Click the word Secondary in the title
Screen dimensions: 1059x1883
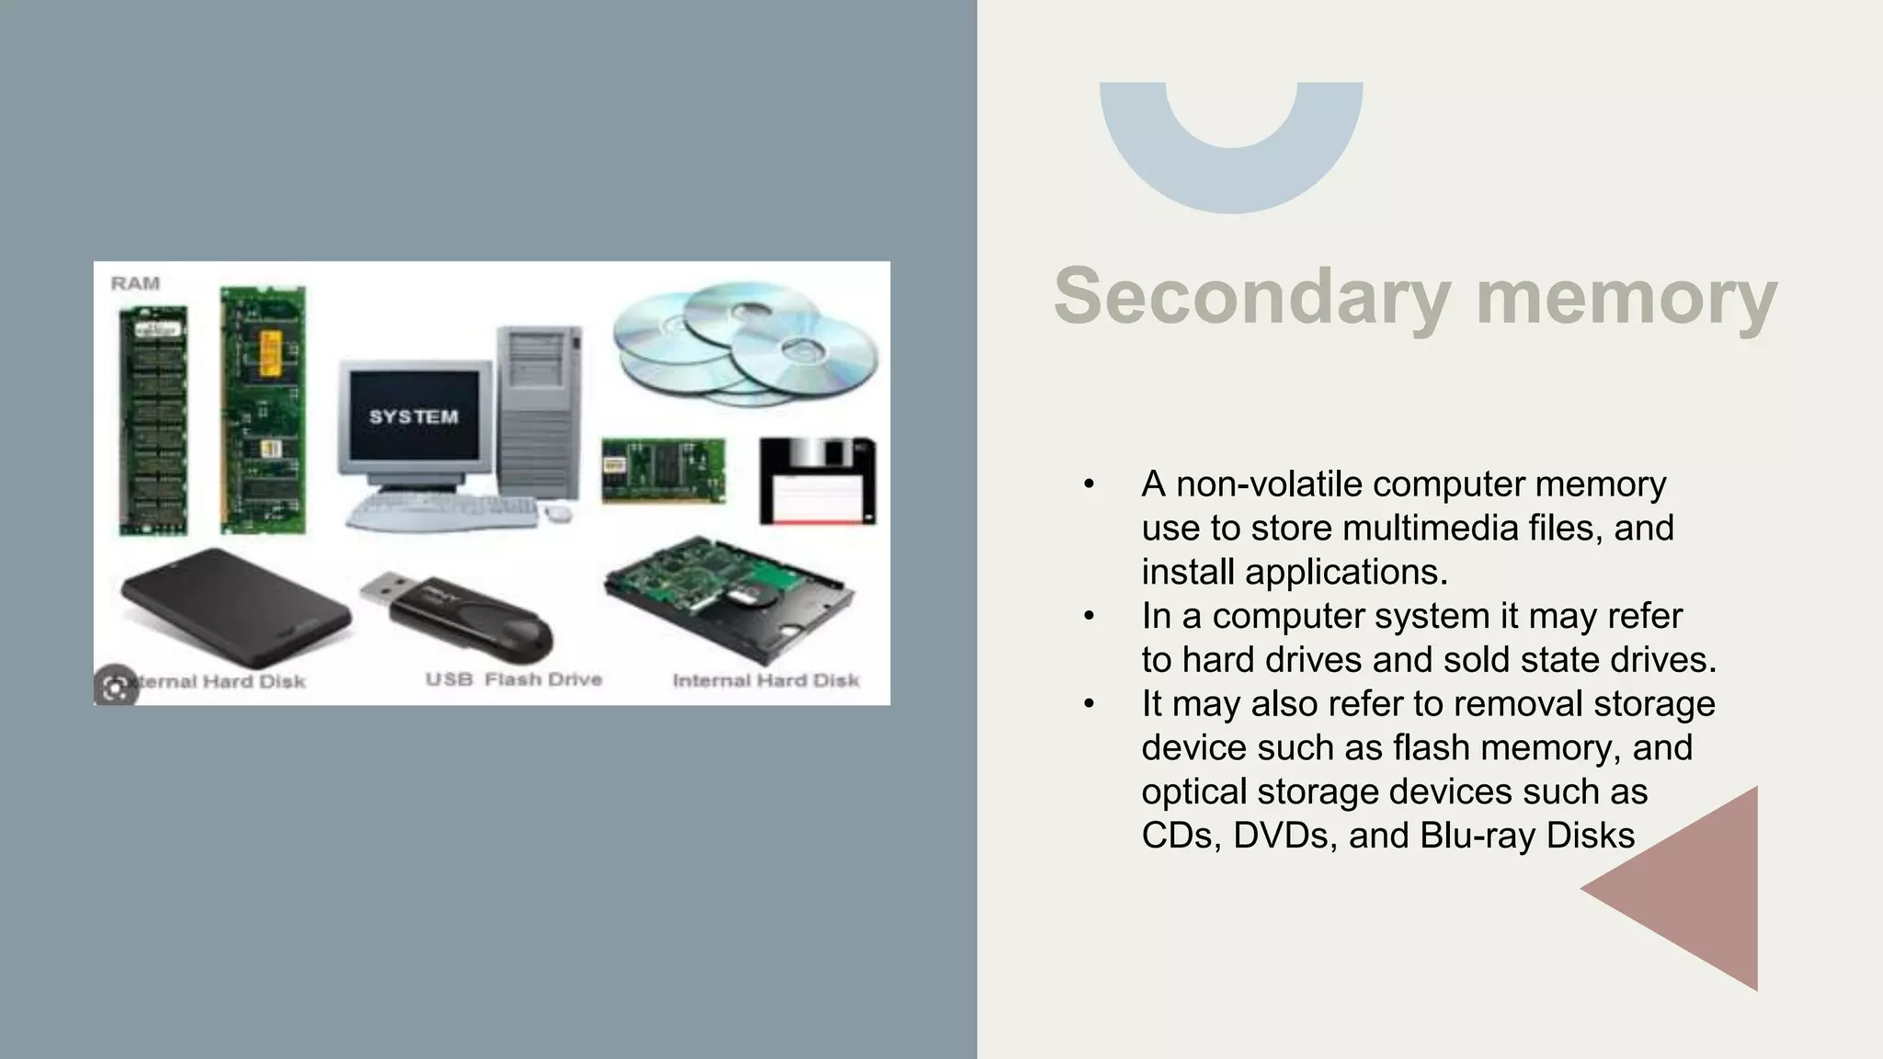[x=1251, y=296]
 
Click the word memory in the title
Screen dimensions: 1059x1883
[x=1626, y=296]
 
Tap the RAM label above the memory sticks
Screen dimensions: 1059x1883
[x=135, y=283]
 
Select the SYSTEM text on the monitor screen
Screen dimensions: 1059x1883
[x=414, y=416]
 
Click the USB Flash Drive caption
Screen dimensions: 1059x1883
[x=513, y=679]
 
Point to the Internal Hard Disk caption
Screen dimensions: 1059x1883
[x=766, y=680]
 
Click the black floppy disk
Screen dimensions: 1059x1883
[x=817, y=481]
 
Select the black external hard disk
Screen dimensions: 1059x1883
[x=234, y=608]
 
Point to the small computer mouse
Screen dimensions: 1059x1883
[x=556, y=513]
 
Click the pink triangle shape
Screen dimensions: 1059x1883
[x=1692, y=888]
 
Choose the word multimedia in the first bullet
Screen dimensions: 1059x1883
[x=1430, y=528]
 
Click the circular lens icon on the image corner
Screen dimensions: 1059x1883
[x=116, y=686]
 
